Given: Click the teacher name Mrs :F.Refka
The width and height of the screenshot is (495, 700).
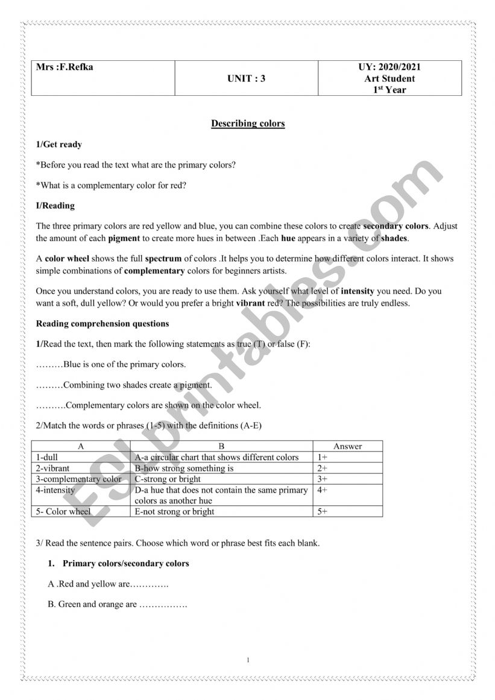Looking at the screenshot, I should pyautogui.click(x=65, y=67).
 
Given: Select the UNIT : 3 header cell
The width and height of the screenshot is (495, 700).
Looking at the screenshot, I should pyautogui.click(x=246, y=78).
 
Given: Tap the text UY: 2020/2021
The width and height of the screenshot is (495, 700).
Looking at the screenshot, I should pyautogui.click(x=389, y=67).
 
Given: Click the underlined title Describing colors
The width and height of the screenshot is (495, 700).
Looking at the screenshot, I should pyautogui.click(x=248, y=124).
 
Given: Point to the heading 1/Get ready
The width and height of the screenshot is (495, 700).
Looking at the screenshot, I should pyautogui.click(x=59, y=145).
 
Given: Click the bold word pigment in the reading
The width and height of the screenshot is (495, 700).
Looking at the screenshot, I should pyautogui.click(x=124, y=238).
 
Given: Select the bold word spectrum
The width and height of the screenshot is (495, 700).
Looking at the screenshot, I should pyautogui.click(x=163, y=259).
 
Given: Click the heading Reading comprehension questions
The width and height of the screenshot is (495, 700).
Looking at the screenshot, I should pyautogui.click(x=102, y=324).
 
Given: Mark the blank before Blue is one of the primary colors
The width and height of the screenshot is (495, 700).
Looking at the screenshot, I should pyautogui.click(x=49, y=365).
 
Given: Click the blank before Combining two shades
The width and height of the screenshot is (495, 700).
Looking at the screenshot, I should pyautogui.click(x=49, y=385).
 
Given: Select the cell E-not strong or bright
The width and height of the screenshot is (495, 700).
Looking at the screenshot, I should pyautogui.click(x=175, y=512).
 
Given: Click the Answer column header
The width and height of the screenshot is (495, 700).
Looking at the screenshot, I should pyautogui.click(x=348, y=446).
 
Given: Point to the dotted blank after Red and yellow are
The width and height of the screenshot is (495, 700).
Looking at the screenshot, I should pyautogui.click(x=150, y=584).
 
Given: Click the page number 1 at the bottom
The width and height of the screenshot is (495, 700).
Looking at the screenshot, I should pyautogui.click(x=248, y=660).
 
